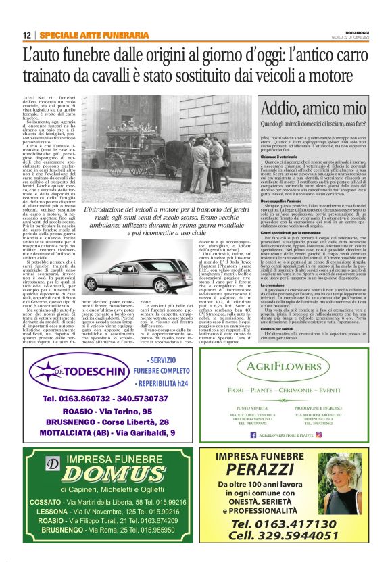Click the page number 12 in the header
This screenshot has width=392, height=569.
tap(26, 34)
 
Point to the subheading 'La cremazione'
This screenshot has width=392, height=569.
tap(274, 286)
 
